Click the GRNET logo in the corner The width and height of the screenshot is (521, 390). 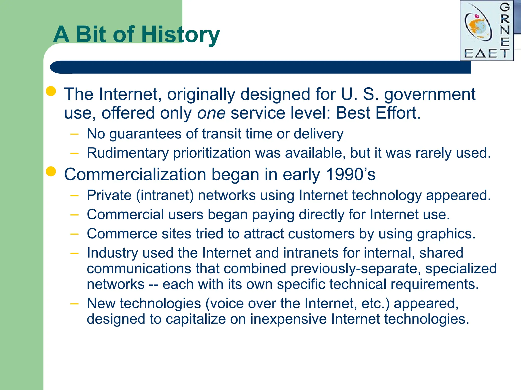coord(486,31)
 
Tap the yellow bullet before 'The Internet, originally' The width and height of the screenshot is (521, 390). coord(51,91)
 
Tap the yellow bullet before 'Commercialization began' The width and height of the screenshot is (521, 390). coord(51,172)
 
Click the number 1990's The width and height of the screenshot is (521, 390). coord(351,174)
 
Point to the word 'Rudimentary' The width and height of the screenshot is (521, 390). coord(128,153)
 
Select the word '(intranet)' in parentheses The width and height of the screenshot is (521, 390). coord(165,195)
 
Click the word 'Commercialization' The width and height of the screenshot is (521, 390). coord(135,174)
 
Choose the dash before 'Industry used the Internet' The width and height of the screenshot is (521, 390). coord(74,253)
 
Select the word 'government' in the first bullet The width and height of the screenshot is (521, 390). coord(429,94)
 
